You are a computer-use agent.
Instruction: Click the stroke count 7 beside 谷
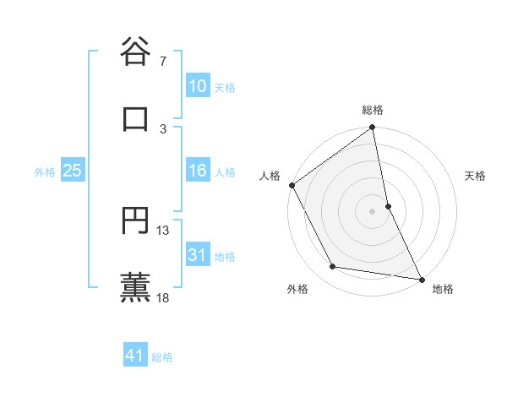[163, 62]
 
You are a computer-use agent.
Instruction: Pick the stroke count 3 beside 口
[163, 128]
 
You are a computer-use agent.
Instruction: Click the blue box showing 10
[197, 86]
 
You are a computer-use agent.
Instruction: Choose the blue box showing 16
[197, 171]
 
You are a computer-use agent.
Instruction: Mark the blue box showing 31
[197, 255]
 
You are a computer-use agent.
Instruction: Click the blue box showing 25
[72, 171]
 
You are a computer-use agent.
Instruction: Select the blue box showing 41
[135, 356]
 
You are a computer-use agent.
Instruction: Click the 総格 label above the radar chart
[373, 110]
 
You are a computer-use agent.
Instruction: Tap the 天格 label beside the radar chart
[476, 176]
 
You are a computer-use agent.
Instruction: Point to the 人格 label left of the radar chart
[270, 176]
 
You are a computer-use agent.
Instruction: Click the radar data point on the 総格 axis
[373, 128]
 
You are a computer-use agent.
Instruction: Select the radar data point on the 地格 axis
[421, 278]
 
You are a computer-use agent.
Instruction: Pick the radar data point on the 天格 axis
[388, 205]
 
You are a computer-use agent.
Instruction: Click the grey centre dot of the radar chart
[373, 210]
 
